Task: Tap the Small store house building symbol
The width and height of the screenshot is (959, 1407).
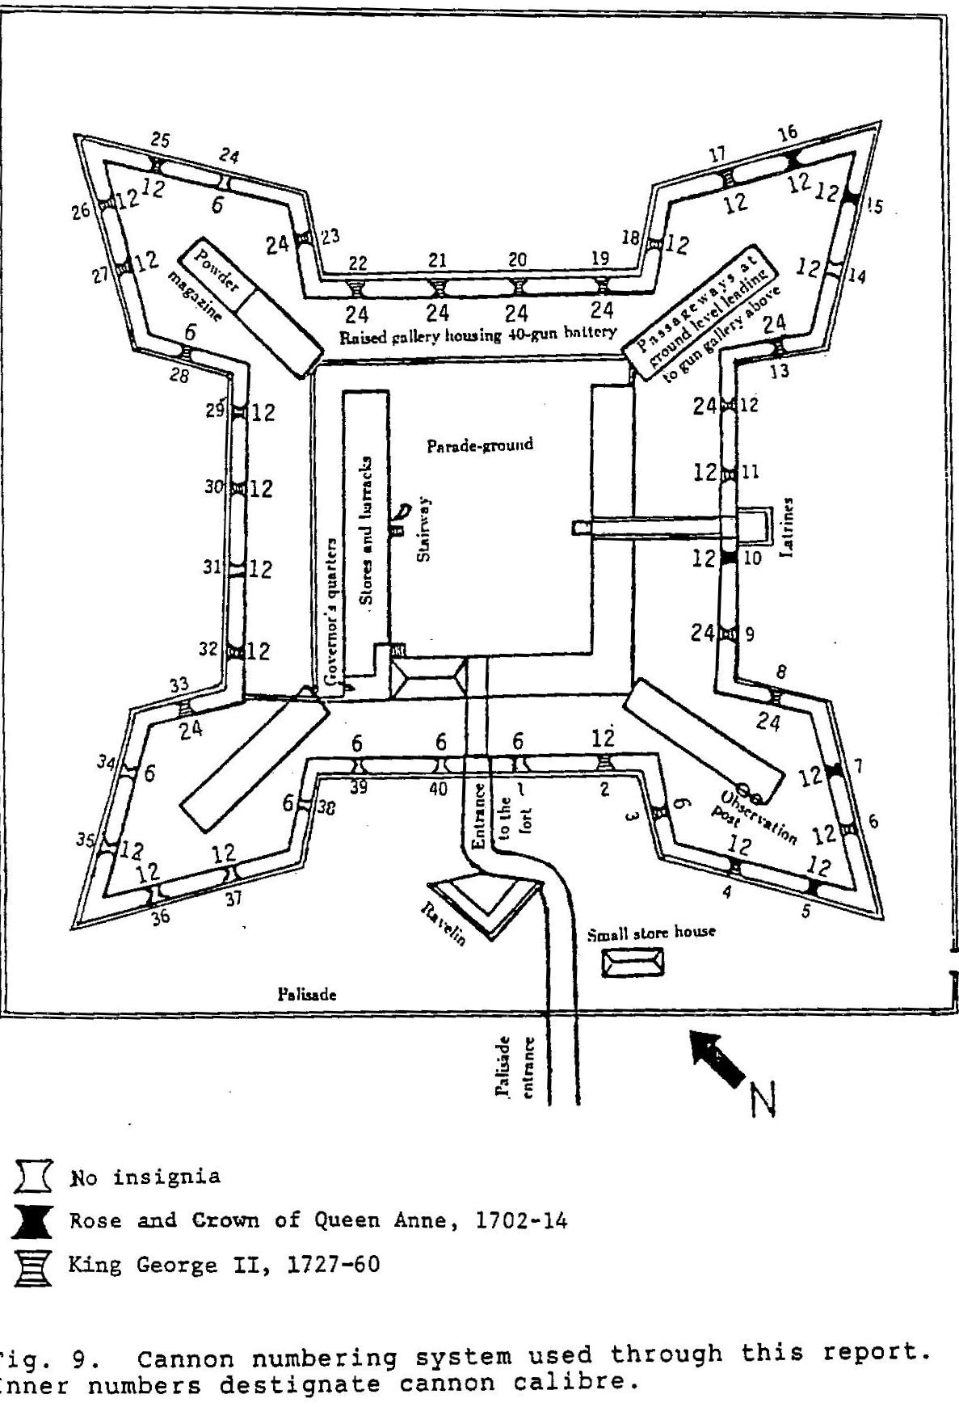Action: pyautogui.click(x=633, y=962)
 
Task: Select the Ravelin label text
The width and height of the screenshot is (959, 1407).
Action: pyautogui.click(x=443, y=924)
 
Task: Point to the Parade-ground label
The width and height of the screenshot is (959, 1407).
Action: pyautogui.click(x=480, y=444)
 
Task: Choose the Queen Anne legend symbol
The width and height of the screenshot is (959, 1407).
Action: pyautogui.click(x=32, y=1221)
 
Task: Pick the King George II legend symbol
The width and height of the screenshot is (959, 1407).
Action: pyautogui.click(x=32, y=1266)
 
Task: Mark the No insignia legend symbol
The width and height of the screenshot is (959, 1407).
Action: pyautogui.click(x=32, y=1177)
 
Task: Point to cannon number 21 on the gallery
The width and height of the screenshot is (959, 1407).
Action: pyautogui.click(x=437, y=260)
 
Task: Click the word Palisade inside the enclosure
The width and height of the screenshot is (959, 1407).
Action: pyautogui.click(x=307, y=994)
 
